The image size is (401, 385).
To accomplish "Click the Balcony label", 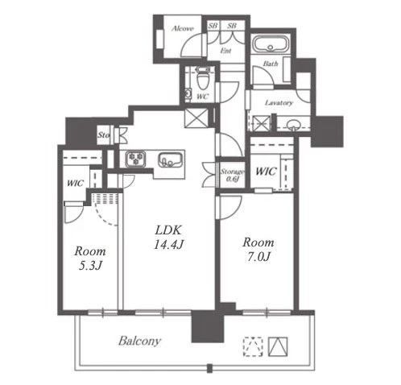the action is tap(139, 341).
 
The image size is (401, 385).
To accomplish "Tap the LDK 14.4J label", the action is tap(168, 238).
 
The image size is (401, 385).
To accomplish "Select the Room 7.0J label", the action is tap(258, 250).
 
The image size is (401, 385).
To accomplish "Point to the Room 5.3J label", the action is tap(90, 259).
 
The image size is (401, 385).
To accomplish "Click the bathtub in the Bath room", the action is tap(271, 45).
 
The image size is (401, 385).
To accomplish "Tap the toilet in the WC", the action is tap(202, 78).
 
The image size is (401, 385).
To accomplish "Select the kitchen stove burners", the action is tap(136, 159).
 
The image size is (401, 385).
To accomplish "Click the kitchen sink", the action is tap(169, 159).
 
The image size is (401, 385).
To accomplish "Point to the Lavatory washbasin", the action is tap(293, 125).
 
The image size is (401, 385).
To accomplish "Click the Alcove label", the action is tap(183, 28).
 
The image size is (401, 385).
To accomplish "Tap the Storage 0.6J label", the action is tap(232, 175).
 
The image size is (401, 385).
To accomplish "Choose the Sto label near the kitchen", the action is tap(104, 135).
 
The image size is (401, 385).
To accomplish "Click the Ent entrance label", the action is tap(225, 51).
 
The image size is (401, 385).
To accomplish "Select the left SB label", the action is tap(213, 26).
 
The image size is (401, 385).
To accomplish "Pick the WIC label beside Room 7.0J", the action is tap(266, 171).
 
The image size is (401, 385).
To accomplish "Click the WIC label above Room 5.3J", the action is tap(75, 183).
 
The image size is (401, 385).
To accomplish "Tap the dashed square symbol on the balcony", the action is tap(253, 346).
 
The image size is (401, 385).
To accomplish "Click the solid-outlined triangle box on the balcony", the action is tap(278, 346).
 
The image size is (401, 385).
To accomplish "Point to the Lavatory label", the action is tap(279, 103).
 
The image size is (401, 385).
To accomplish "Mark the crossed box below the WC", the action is tap(196, 118).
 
